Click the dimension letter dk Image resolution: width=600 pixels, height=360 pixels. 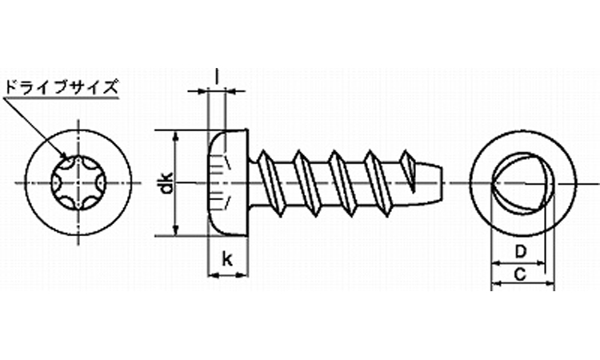coord(166,183)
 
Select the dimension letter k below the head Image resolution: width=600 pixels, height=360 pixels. coord(227,259)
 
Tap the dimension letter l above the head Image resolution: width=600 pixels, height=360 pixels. coord(217,76)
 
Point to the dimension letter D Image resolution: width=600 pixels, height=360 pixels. coord(521,252)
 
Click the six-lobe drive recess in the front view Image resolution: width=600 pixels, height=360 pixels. coord(78,183)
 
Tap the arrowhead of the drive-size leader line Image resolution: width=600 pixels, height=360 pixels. coord(64,155)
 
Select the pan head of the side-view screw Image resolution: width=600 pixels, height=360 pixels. coord(229,182)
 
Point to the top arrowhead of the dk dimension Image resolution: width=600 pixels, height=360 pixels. coord(176,136)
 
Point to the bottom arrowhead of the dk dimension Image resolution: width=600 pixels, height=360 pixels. coord(176,230)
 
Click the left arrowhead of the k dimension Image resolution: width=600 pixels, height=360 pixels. coord(213,274)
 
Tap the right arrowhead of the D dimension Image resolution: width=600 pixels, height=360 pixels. coord(539,263)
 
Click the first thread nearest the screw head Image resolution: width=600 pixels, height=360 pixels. coord(271,183)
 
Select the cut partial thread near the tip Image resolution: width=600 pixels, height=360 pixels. coord(408,170)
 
